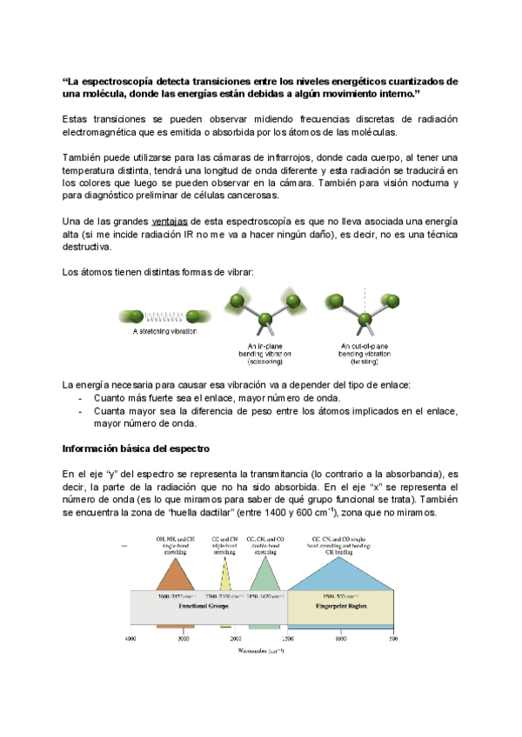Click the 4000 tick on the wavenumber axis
[x=130, y=639]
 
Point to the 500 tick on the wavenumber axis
[x=393, y=639]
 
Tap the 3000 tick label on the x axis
[x=183, y=639]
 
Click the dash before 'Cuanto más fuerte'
[x=81, y=398]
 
